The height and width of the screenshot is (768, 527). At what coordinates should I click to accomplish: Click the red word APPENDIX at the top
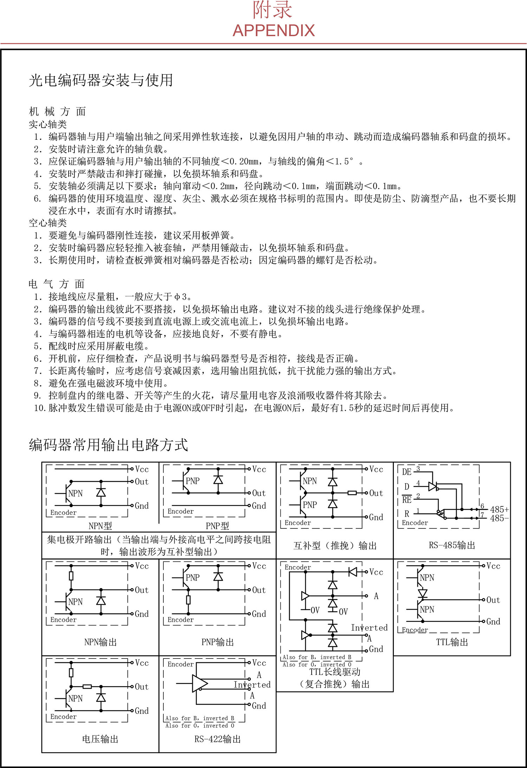tap(273, 31)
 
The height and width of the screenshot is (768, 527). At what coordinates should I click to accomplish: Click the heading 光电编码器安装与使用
tap(101, 80)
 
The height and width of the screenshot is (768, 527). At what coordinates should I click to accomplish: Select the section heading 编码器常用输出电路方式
tap(108, 445)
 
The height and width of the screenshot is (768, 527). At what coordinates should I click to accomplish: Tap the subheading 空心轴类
tap(48, 223)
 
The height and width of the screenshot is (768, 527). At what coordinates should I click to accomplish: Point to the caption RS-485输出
tap(452, 545)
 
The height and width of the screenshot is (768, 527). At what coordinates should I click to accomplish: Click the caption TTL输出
tap(452, 642)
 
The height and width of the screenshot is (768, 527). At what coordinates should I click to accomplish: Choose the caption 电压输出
tap(100, 739)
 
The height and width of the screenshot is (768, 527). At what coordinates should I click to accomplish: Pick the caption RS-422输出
tap(217, 739)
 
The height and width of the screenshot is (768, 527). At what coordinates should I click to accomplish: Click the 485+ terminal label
tap(499, 510)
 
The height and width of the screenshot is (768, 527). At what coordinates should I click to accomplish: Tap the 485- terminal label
tap(499, 518)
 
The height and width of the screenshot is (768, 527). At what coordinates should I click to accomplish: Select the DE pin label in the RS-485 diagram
tap(406, 472)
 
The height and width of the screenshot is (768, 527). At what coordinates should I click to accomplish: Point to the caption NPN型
tap(100, 526)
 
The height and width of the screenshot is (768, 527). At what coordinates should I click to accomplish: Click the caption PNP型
tap(217, 526)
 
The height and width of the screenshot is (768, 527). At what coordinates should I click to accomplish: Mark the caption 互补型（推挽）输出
tap(335, 545)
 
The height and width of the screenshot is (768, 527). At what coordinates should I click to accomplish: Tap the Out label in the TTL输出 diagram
tap(493, 600)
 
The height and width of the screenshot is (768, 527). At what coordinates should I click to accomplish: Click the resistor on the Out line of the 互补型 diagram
tap(352, 493)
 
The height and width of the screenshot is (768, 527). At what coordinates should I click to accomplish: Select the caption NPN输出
tap(100, 642)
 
